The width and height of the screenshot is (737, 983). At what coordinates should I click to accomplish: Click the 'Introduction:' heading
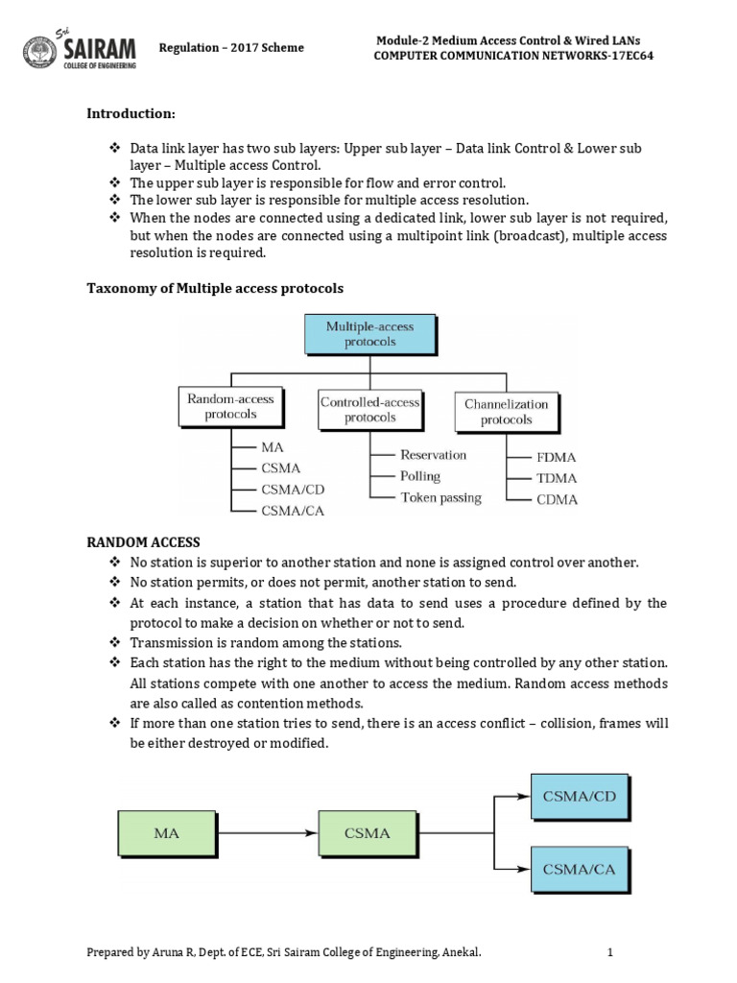[x=131, y=114]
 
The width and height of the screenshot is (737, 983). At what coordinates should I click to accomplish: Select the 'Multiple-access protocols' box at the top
[x=369, y=335]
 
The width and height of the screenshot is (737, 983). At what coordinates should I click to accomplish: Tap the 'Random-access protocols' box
[x=230, y=407]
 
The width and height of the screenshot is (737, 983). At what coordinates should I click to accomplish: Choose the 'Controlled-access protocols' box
[x=369, y=409]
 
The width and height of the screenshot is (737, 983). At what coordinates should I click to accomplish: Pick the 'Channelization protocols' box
[x=506, y=412]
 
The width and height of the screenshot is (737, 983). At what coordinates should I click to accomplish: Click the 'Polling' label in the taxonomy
[x=419, y=476]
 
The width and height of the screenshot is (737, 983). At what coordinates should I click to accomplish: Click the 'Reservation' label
[x=433, y=454]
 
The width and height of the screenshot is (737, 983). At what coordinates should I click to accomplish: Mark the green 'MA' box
[x=167, y=833]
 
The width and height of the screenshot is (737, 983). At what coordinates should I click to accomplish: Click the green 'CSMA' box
[x=368, y=833]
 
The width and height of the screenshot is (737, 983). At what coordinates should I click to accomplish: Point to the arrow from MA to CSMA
[x=266, y=833]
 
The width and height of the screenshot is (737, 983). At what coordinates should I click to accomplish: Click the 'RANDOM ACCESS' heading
[x=143, y=543]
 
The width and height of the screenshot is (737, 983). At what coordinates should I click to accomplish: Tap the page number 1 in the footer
[x=609, y=952]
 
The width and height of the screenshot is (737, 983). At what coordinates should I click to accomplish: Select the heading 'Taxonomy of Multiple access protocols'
[x=215, y=288]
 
